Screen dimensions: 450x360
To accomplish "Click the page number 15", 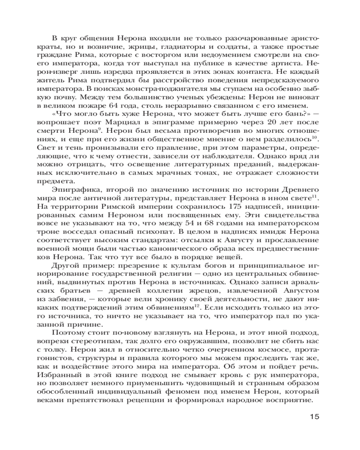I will coord(314,416).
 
